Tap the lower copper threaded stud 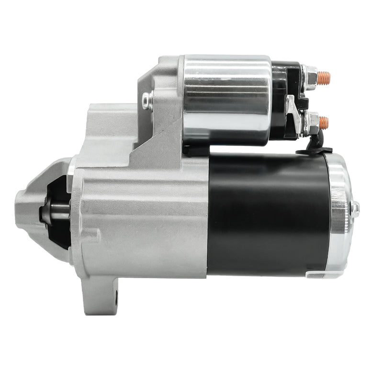324,122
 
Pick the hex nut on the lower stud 313,122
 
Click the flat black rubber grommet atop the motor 314,151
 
